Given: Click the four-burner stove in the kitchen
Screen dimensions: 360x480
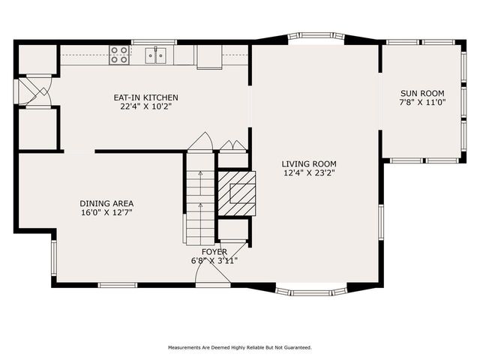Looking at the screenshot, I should point(119,53).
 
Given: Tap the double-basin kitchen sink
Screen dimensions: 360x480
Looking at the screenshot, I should point(157,54).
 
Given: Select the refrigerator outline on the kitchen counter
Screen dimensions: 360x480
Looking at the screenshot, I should point(209,57).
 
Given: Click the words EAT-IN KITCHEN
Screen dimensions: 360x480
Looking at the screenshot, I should point(145,97).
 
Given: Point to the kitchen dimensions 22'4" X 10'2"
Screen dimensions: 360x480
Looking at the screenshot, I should point(145,106).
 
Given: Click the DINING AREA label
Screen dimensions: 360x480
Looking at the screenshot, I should point(106,203).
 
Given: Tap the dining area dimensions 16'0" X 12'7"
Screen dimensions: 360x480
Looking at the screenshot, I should point(106,212).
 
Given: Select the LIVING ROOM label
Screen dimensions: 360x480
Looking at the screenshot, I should point(309,163).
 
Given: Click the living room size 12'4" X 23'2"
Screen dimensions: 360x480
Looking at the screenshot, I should point(309,173).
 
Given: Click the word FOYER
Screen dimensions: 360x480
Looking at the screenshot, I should point(214,252).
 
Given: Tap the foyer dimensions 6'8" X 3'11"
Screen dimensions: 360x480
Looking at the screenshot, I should point(214,261).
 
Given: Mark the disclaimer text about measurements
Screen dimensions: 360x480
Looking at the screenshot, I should point(239,347).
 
